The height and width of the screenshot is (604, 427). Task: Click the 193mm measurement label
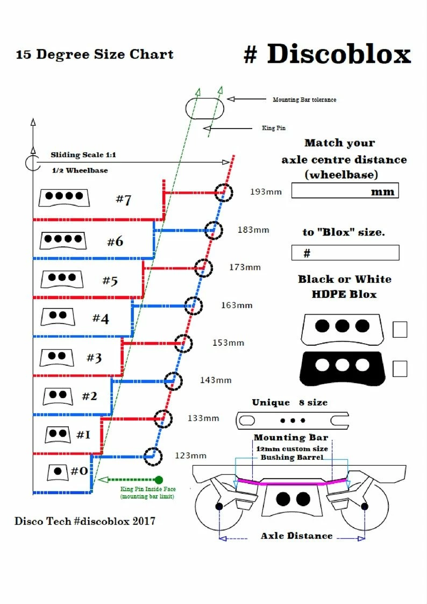coord(265,191)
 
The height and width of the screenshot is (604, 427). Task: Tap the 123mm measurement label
coord(190,456)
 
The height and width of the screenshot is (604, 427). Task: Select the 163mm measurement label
coord(237,305)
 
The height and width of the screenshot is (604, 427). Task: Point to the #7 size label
coord(124,200)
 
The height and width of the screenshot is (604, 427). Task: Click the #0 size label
coord(79,471)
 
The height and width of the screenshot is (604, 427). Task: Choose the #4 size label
coord(101,318)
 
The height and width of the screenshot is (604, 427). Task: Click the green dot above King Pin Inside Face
coord(159,479)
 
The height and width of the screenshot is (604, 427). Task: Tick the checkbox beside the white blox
coord(400,329)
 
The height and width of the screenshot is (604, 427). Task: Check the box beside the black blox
coord(400,368)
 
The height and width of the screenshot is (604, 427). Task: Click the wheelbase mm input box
coord(345,191)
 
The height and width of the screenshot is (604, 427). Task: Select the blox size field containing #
coord(345,253)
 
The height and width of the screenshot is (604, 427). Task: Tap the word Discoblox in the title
coord(339,54)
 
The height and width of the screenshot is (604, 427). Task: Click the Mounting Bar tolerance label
coord(304,100)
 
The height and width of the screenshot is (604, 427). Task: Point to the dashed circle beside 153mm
coord(183,343)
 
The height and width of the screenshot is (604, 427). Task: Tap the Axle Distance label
coord(296,536)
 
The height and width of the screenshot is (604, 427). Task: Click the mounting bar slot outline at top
coord(205,106)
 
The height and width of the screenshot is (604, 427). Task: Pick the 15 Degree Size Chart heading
coord(95,54)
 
